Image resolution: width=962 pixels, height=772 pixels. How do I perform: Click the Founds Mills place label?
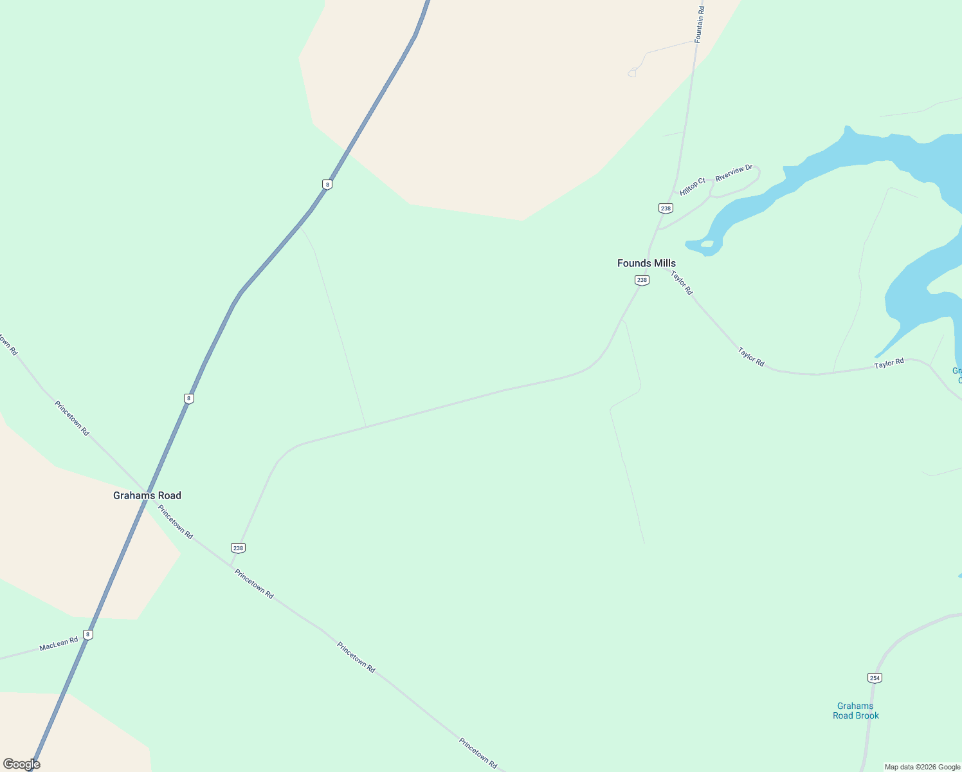pyautogui.click(x=646, y=263)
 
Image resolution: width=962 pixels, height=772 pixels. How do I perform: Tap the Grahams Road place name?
pyautogui.click(x=147, y=495)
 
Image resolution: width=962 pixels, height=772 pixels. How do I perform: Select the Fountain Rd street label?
pyautogui.click(x=700, y=25)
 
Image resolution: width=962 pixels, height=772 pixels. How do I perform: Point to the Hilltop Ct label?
pyautogui.click(x=693, y=187)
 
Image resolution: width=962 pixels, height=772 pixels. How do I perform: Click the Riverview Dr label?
pyautogui.click(x=734, y=172)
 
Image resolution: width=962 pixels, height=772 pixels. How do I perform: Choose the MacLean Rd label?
pyautogui.click(x=59, y=643)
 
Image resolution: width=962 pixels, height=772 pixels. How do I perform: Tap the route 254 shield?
pyautogui.click(x=875, y=678)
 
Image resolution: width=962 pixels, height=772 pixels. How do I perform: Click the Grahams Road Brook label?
pyautogui.click(x=855, y=711)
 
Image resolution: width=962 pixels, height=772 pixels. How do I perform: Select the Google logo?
pyautogui.click(x=21, y=764)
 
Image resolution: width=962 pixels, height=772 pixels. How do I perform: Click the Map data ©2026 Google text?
pyautogui.click(x=922, y=767)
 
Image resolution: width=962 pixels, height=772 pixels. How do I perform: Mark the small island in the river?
pyautogui.click(x=707, y=244)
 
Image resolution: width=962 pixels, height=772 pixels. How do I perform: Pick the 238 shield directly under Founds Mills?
pyautogui.click(x=642, y=280)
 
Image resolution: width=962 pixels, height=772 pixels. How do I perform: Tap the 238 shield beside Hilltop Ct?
pyautogui.click(x=666, y=208)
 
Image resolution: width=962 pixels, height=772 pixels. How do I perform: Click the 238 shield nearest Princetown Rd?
pyautogui.click(x=239, y=548)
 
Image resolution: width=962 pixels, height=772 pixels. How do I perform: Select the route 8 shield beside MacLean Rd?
pyautogui.click(x=88, y=635)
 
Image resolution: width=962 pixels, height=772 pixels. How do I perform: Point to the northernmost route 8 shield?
pyautogui.click(x=327, y=185)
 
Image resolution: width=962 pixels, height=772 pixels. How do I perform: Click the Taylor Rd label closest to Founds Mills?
pyautogui.click(x=682, y=283)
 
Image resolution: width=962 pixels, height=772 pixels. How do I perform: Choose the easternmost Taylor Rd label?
pyautogui.click(x=889, y=363)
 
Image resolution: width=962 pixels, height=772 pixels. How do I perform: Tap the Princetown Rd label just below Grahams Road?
pyautogui.click(x=176, y=522)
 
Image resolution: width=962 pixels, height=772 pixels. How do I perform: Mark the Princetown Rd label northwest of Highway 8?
pyautogui.click(x=72, y=418)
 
